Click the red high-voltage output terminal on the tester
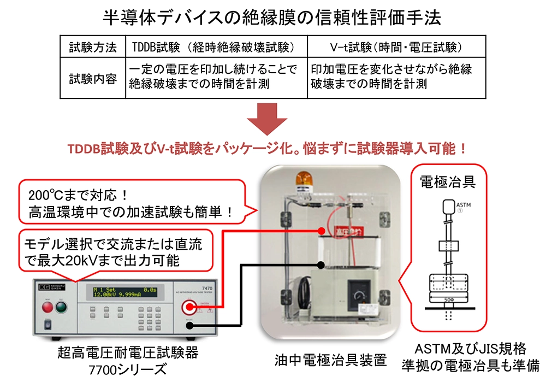click(190, 307)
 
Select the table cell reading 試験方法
click(92, 47)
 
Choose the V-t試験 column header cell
click(395, 47)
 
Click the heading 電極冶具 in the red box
click(447, 181)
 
